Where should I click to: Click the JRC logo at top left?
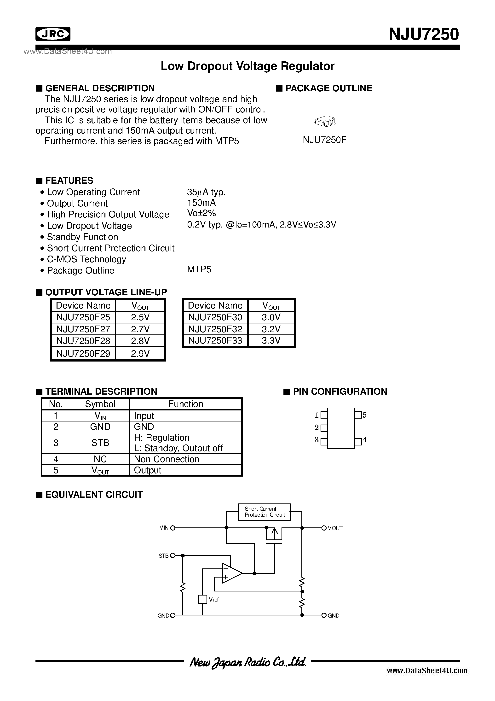click(x=53, y=34)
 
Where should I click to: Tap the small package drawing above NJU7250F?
click(x=325, y=121)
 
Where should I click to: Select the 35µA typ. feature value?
click(x=206, y=192)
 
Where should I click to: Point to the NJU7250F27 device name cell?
click(x=83, y=329)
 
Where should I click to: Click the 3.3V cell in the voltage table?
click(x=271, y=340)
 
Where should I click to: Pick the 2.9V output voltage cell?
click(x=140, y=354)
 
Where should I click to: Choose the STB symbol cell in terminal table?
click(x=100, y=443)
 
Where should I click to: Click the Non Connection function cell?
click(x=167, y=459)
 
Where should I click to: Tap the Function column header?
click(x=185, y=404)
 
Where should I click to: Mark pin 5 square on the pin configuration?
click(x=358, y=415)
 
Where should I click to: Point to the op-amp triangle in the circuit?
click(x=231, y=573)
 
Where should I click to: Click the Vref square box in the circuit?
click(x=202, y=599)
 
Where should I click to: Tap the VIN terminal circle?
click(x=173, y=528)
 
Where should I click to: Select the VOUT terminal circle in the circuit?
click(x=324, y=528)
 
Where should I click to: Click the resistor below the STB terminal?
click(x=183, y=587)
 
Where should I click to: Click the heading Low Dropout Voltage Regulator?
click(x=247, y=66)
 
